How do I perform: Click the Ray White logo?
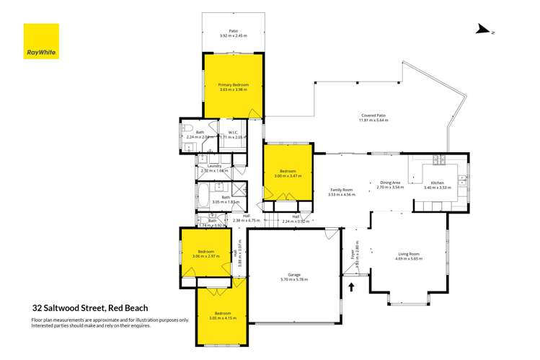point(41,41)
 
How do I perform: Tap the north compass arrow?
point(483,30)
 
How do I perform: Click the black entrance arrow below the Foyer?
point(352,287)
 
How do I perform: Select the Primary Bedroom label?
point(234,85)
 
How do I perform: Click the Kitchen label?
point(438,183)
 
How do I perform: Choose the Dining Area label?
point(390,183)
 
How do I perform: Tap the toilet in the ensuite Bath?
point(185,131)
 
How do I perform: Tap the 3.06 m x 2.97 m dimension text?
point(205,256)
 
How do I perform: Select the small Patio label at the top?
point(234,31)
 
